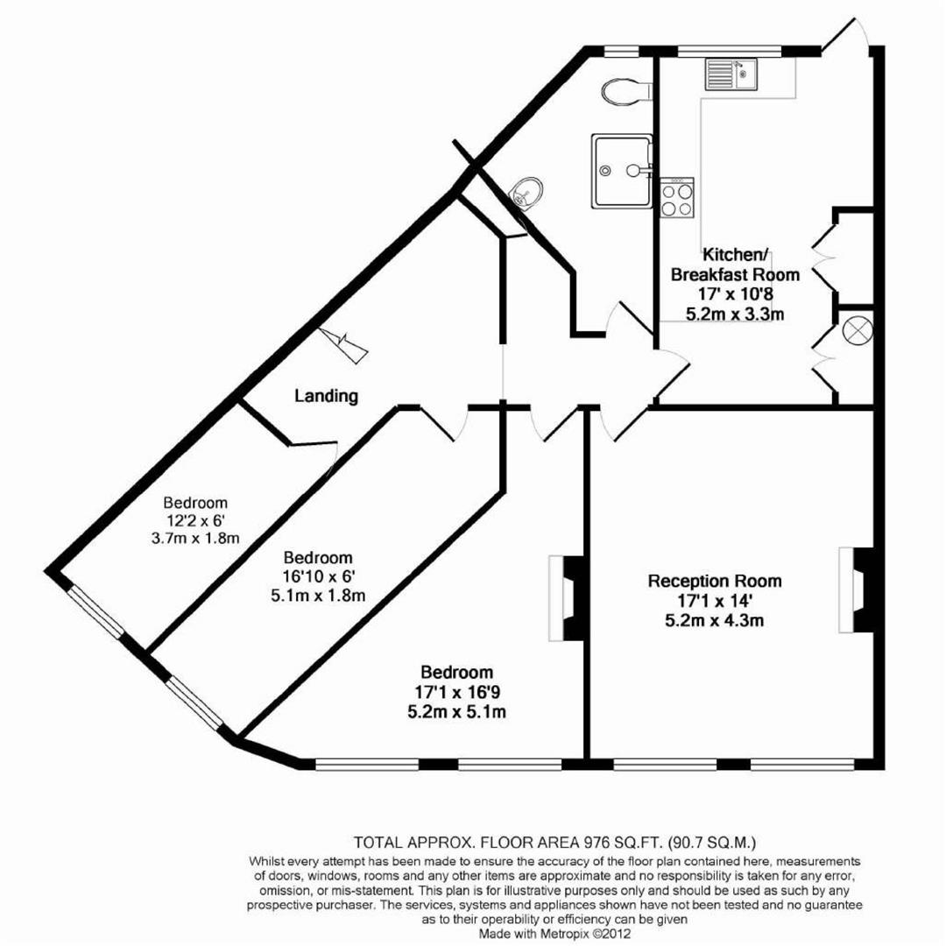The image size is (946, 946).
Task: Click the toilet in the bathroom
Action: point(625,90)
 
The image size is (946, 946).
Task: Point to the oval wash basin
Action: point(528,192)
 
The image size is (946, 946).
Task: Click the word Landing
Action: point(326,396)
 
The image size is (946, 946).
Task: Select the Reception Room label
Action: point(715,581)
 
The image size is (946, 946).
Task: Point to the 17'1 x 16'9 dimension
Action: point(456,693)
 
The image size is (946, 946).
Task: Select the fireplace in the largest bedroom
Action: point(562,597)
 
